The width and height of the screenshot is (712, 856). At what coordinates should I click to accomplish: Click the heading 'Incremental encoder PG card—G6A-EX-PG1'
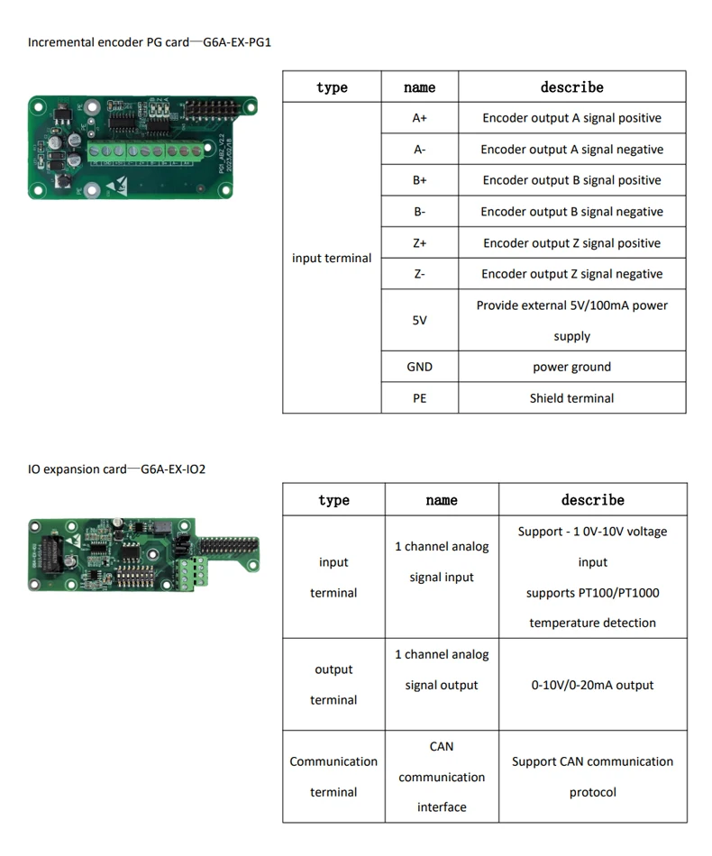click(150, 42)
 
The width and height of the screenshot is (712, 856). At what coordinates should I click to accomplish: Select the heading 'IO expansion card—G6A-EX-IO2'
click(117, 469)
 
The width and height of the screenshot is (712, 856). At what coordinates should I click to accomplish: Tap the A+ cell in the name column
click(419, 118)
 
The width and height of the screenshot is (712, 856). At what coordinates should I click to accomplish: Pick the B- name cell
click(419, 212)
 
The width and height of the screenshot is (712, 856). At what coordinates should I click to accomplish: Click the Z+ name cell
click(419, 243)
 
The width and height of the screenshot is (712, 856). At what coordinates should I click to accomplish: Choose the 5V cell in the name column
click(419, 320)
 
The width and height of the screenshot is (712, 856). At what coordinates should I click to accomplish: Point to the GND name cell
click(419, 367)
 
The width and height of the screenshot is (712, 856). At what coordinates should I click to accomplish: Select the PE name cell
click(419, 397)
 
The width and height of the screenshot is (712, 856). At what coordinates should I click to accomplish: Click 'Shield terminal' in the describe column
click(571, 397)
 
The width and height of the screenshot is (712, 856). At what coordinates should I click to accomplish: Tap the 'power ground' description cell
click(571, 367)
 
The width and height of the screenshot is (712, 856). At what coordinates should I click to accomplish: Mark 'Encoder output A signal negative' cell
click(571, 150)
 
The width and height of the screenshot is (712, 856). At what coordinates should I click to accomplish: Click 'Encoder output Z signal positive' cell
click(571, 243)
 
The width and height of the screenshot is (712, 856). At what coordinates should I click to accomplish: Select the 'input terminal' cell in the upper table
click(332, 258)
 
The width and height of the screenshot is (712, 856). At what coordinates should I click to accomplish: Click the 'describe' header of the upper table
click(571, 87)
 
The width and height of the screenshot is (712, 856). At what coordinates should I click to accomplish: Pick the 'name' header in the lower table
click(442, 500)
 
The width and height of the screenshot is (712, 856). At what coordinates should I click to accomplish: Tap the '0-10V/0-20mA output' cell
click(592, 685)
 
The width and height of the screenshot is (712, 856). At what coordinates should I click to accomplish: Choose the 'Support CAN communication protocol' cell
click(592, 777)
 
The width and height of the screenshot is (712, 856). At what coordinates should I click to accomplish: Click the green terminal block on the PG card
click(144, 151)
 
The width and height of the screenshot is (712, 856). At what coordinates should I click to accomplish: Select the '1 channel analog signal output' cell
click(442, 669)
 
